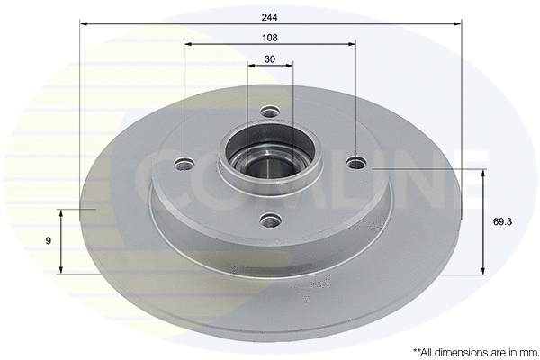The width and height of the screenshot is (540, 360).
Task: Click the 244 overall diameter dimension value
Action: pyautogui.click(x=270, y=15)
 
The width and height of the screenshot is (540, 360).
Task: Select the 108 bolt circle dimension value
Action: pyautogui.click(x=270, y=38)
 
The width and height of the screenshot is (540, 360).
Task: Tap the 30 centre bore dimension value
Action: pyautogui.click(x=270, y=59)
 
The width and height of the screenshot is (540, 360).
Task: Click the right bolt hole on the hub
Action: pyautogui.click(x=356, y=163)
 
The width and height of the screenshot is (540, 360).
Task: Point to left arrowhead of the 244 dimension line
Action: pyautogui.click(x=84, y=24)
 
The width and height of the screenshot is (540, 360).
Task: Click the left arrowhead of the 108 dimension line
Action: pyautogui.click(x=187, y=44)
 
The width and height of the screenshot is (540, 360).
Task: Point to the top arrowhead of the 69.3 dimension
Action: pyautogui.click(x=484, y=172)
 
